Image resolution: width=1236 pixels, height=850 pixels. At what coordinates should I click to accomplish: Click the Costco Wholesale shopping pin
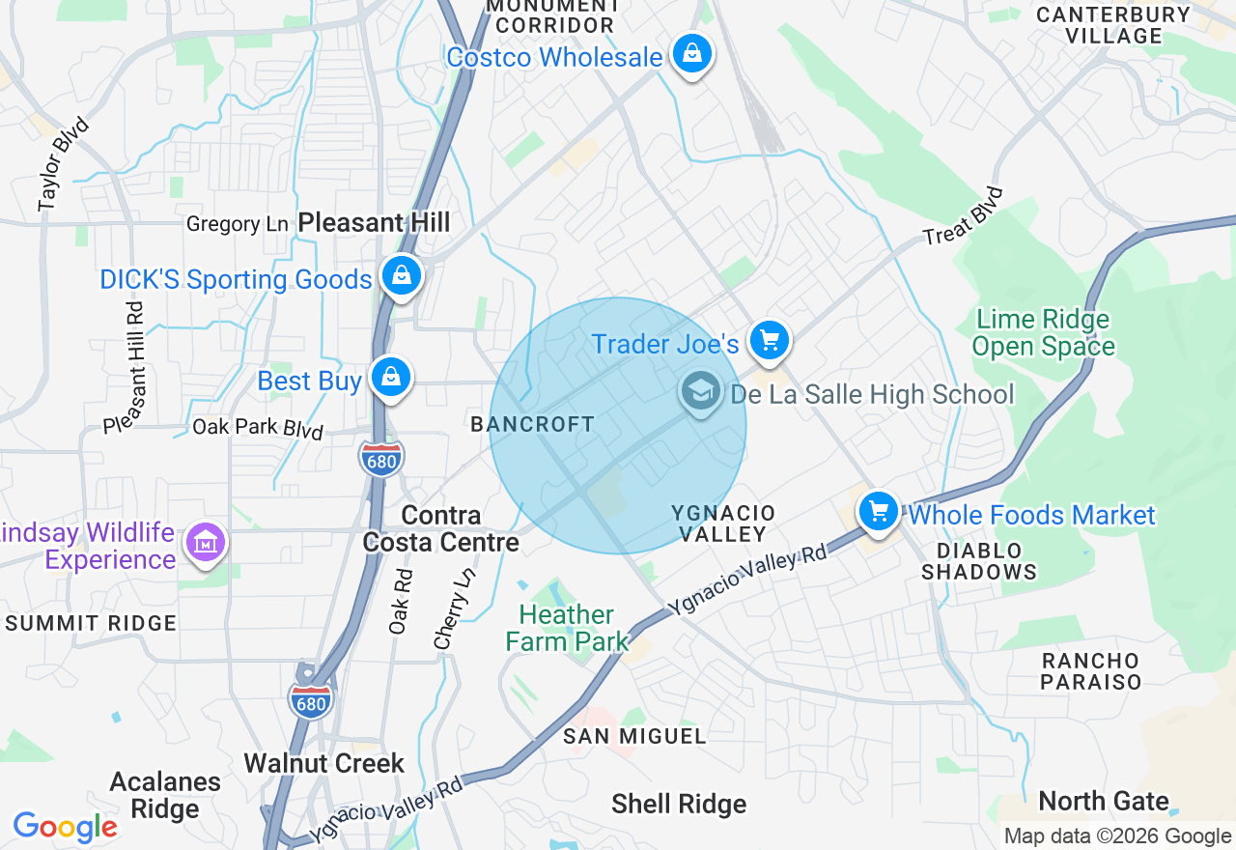(x=692, y=54)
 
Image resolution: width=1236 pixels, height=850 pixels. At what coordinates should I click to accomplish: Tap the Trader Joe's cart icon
(x=769, y=341)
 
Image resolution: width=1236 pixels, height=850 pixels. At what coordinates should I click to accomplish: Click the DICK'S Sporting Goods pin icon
(x=401, y=276)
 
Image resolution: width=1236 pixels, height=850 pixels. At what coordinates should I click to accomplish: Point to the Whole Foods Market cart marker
(x=878, y=512)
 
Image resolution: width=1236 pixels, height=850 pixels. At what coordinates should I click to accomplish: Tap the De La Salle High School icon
(x=699, y=392)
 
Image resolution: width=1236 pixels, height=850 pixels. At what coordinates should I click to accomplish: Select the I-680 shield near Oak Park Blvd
(x=382, y=458)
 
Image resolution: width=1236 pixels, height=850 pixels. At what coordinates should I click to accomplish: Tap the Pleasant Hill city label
(x=374, y=222)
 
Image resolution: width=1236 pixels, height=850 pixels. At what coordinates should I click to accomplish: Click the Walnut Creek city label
(x=324, y=763)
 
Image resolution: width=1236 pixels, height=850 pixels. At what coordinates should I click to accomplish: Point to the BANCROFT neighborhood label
(x=532, y=424)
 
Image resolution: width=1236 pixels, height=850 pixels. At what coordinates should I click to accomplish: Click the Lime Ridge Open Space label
(x=1043, y=332)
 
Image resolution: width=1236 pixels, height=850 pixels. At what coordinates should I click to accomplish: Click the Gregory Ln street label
(x=238, y=224)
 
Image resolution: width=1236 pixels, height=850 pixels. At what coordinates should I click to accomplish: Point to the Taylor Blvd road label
(x=64, y=164)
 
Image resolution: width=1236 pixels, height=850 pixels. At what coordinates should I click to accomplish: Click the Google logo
(x=65, y=827)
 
